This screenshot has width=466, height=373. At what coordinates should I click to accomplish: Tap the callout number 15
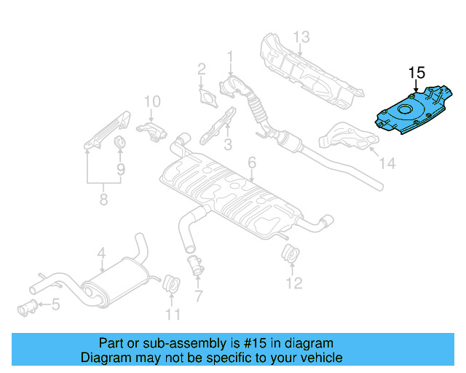416,73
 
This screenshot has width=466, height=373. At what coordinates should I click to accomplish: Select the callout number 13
301,37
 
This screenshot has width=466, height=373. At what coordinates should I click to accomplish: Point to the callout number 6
251,162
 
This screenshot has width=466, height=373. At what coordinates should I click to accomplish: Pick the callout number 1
230,55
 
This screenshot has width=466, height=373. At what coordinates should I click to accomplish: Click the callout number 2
201,70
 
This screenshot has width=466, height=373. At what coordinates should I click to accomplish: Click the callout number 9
121,169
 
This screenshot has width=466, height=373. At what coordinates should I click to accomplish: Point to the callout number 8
103,199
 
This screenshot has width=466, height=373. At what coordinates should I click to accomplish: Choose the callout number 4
102,254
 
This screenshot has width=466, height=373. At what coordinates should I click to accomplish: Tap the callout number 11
172,315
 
